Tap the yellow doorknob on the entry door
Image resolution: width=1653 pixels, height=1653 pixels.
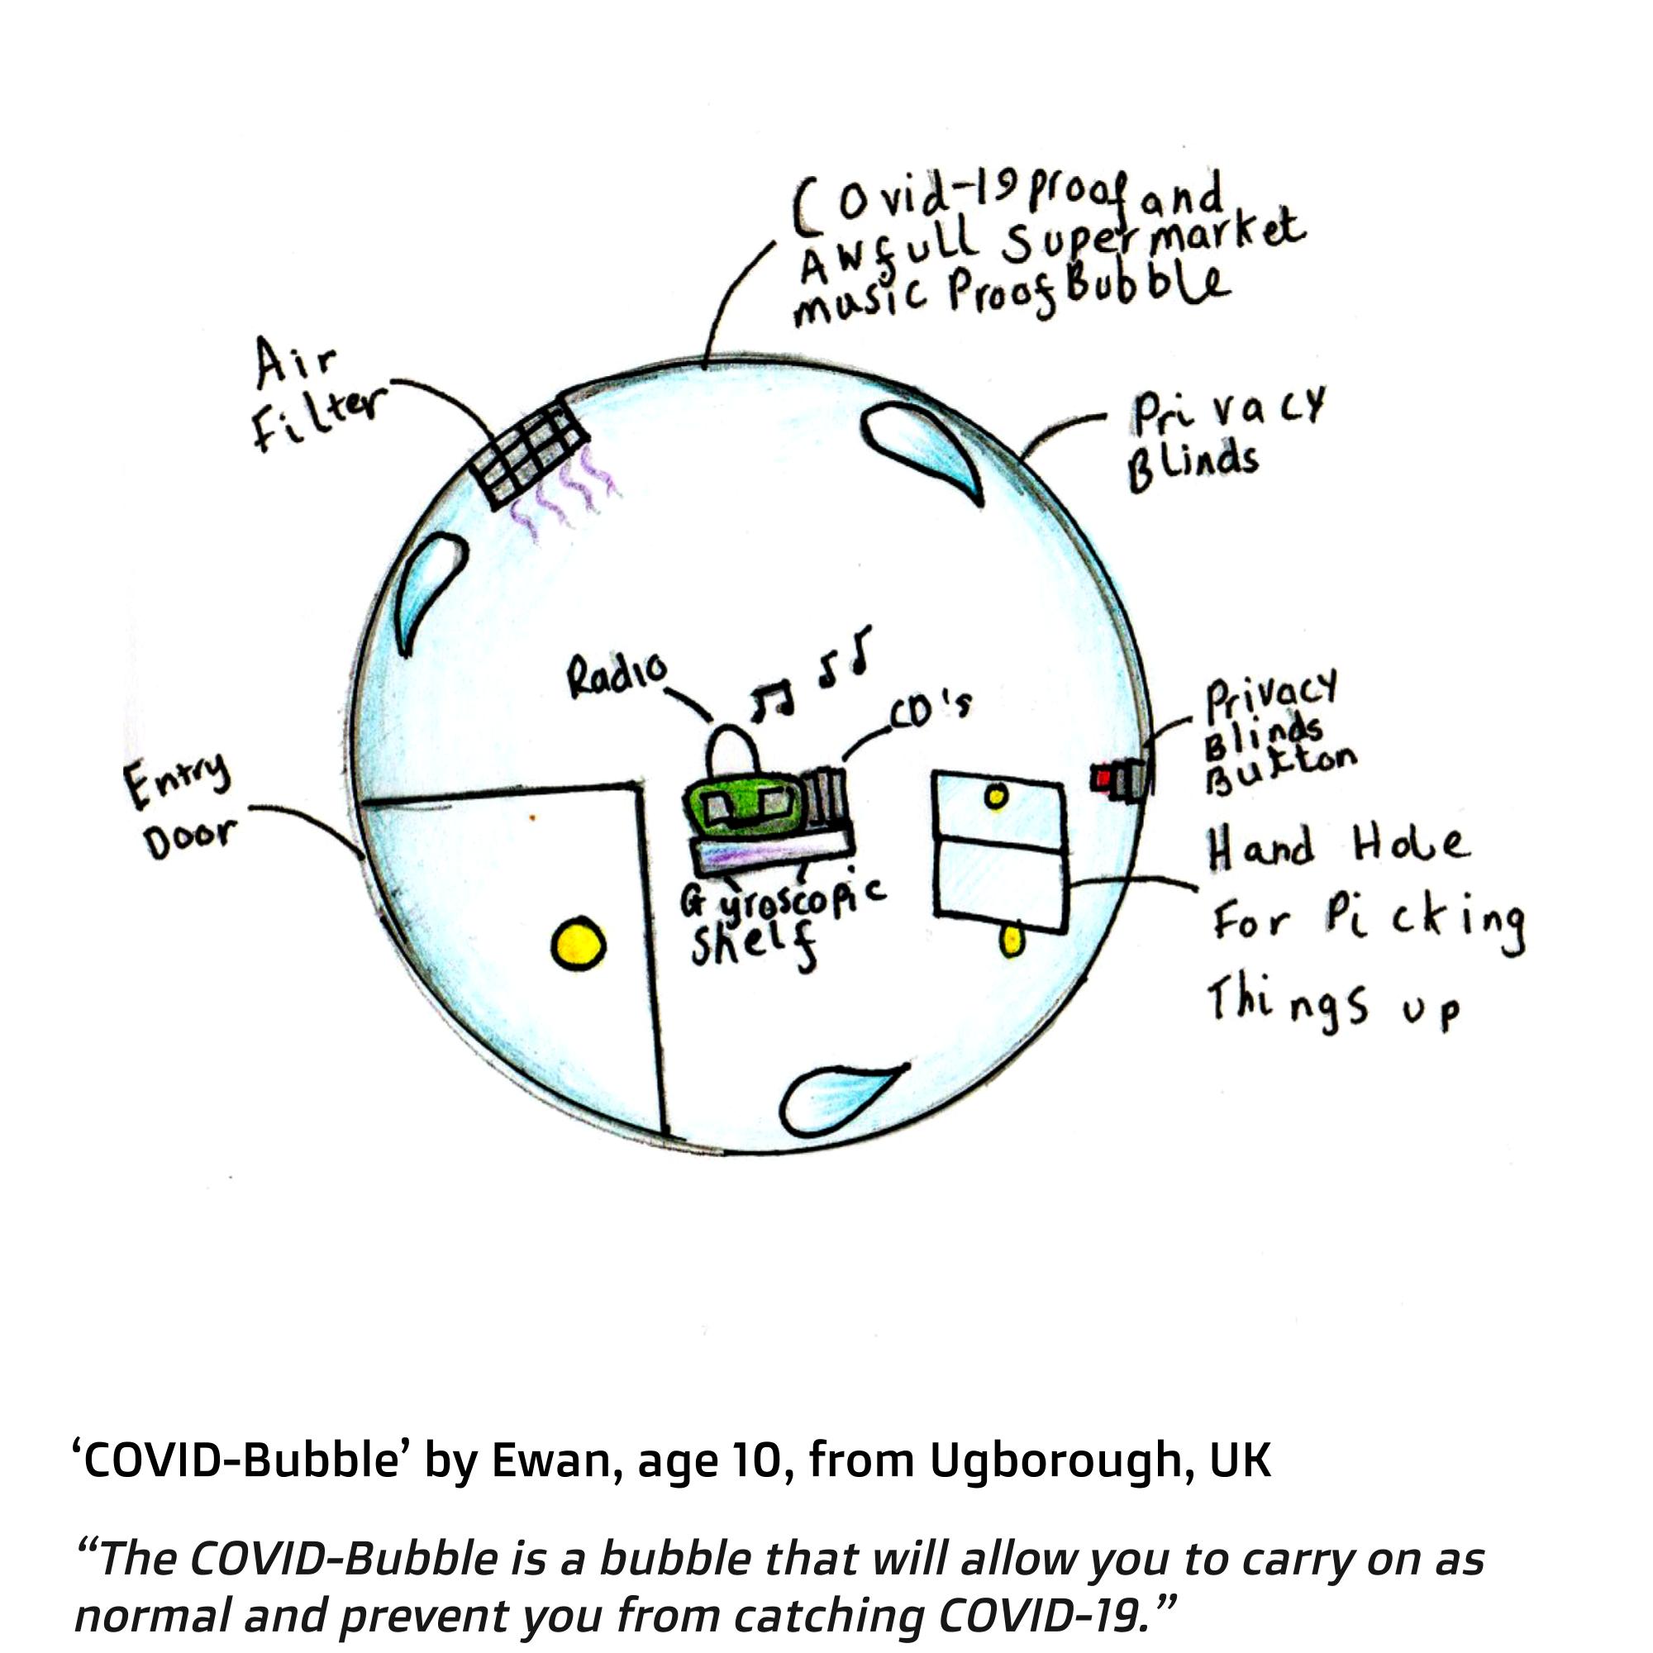579,945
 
